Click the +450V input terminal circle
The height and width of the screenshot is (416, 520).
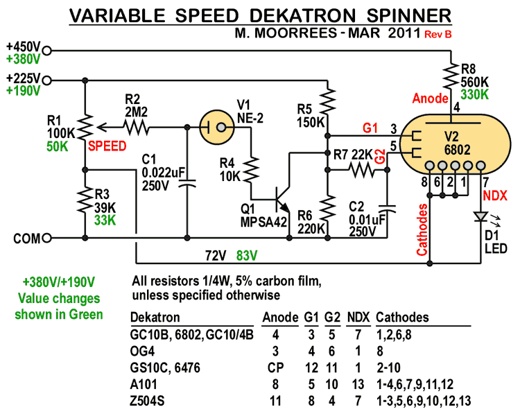pyautogui.click(x=47, y=50)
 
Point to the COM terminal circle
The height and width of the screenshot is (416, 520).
pyautogui.click(x=47, y=238)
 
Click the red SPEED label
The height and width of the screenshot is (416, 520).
pyautogui.click(x=107, y=146)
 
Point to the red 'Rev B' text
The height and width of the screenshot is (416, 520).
pyautogui.click(x=438, y=33)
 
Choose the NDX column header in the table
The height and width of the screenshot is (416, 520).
pyautogui.click(x=358, y=318)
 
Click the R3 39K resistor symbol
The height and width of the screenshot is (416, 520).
pyautogui.click(x=84, y=202)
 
